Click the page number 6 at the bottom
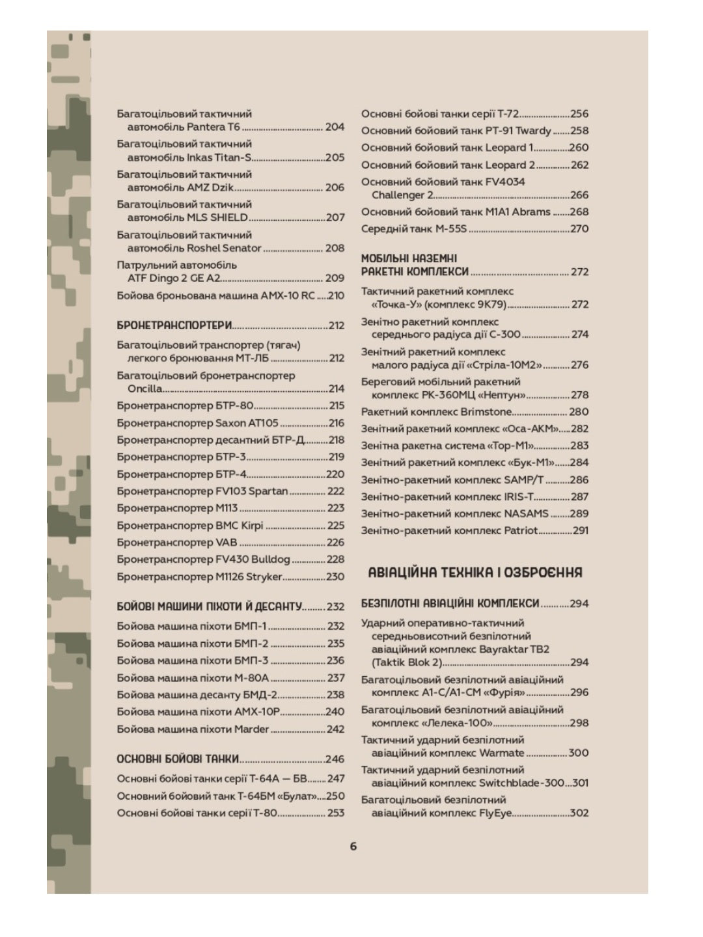tap(353, 846)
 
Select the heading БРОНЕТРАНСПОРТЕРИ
tap(174, 325)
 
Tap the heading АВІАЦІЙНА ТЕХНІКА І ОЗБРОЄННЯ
tap(475, 573)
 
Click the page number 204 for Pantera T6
tap(335, 127)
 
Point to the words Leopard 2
tap(511, 165)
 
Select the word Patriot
tap(521, 530)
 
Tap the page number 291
tap(581, 530)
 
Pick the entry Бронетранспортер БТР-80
tap(185, 405)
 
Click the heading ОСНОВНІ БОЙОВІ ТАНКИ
tap(178, 759)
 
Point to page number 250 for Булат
tap(335, 796)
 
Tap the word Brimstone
tap(486, 412)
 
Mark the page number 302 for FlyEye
tap(579, 813)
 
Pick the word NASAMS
tap(527, 513)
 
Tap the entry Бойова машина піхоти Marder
tap(193, 729)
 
